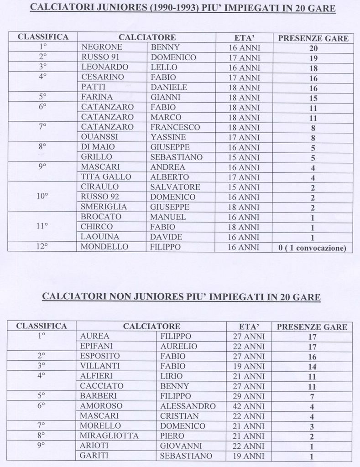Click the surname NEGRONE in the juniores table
coord(102,47)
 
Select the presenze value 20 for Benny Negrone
coord(313,48)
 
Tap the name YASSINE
coord(168,137)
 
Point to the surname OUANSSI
coord(99,137)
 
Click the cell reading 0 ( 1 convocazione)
coord(313,248)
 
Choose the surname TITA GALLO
coord(106,177)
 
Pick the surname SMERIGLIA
coord(104,207)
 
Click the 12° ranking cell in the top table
coord(43,247)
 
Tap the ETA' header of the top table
coord(244,37)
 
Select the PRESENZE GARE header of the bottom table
coord(312,327)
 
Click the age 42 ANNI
coord(249,406)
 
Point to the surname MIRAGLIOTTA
coord(109,436)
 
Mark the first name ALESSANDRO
coord(188,406)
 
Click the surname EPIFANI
coord(96,346)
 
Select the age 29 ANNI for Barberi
coord(249,396)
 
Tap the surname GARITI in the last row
coord(94,456)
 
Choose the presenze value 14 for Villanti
coord(312,367)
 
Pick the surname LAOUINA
coord(100,237)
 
